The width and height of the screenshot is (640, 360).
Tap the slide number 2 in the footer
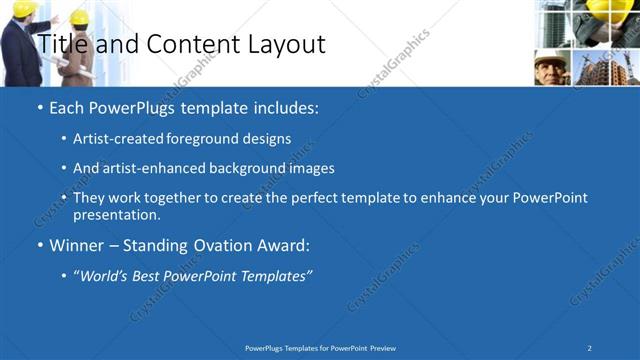click(590, 347)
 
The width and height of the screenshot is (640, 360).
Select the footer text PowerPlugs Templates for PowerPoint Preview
click(320, 347)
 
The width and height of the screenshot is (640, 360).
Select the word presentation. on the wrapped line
click(117, 214)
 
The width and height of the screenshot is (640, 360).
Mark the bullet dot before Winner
click(39, 244)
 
